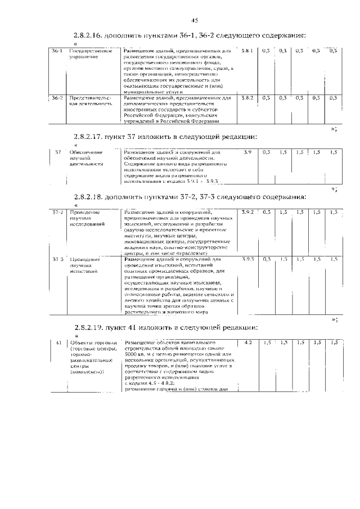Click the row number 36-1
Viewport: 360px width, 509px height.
click(57, 51)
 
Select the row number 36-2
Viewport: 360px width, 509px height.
click(57, 98)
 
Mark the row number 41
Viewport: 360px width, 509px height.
click(58, 342)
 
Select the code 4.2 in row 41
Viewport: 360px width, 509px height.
click(248, 342)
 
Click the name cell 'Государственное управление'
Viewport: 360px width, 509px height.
click(90, 55)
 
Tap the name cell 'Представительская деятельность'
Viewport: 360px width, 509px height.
click(90, 101)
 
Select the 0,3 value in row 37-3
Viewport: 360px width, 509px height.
click(267, 259)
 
